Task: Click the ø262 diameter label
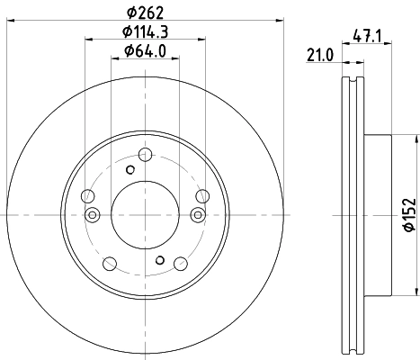[144, 13]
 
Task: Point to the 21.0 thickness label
[319, 56]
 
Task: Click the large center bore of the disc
[144, 213]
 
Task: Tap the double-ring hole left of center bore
[93, 214]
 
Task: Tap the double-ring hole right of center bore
[196, 213]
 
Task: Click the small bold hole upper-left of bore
[130, 169]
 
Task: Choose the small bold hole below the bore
[159, 260]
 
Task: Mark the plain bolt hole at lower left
[109, 263]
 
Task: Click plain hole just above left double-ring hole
[87, 196]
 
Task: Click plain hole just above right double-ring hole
[201, 196]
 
